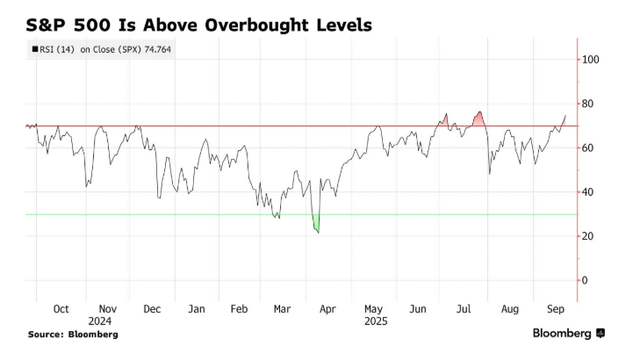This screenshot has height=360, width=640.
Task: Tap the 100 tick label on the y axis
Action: (x=591, y=60)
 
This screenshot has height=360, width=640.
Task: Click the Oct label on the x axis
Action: (x=61, y=309)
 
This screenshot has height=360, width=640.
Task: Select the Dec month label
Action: (x=151, y=309)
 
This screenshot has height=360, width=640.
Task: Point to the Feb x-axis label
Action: (x=239, y=309)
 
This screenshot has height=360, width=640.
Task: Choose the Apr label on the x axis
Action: (x=327, y=309)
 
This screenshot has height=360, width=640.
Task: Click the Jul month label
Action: (x=464, y=309)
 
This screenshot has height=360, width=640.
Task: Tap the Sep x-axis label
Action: (x=554, y=309)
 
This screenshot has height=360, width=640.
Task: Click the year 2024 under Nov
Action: (x=99, y=320)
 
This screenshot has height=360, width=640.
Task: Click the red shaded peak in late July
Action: (x=478, y=119)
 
